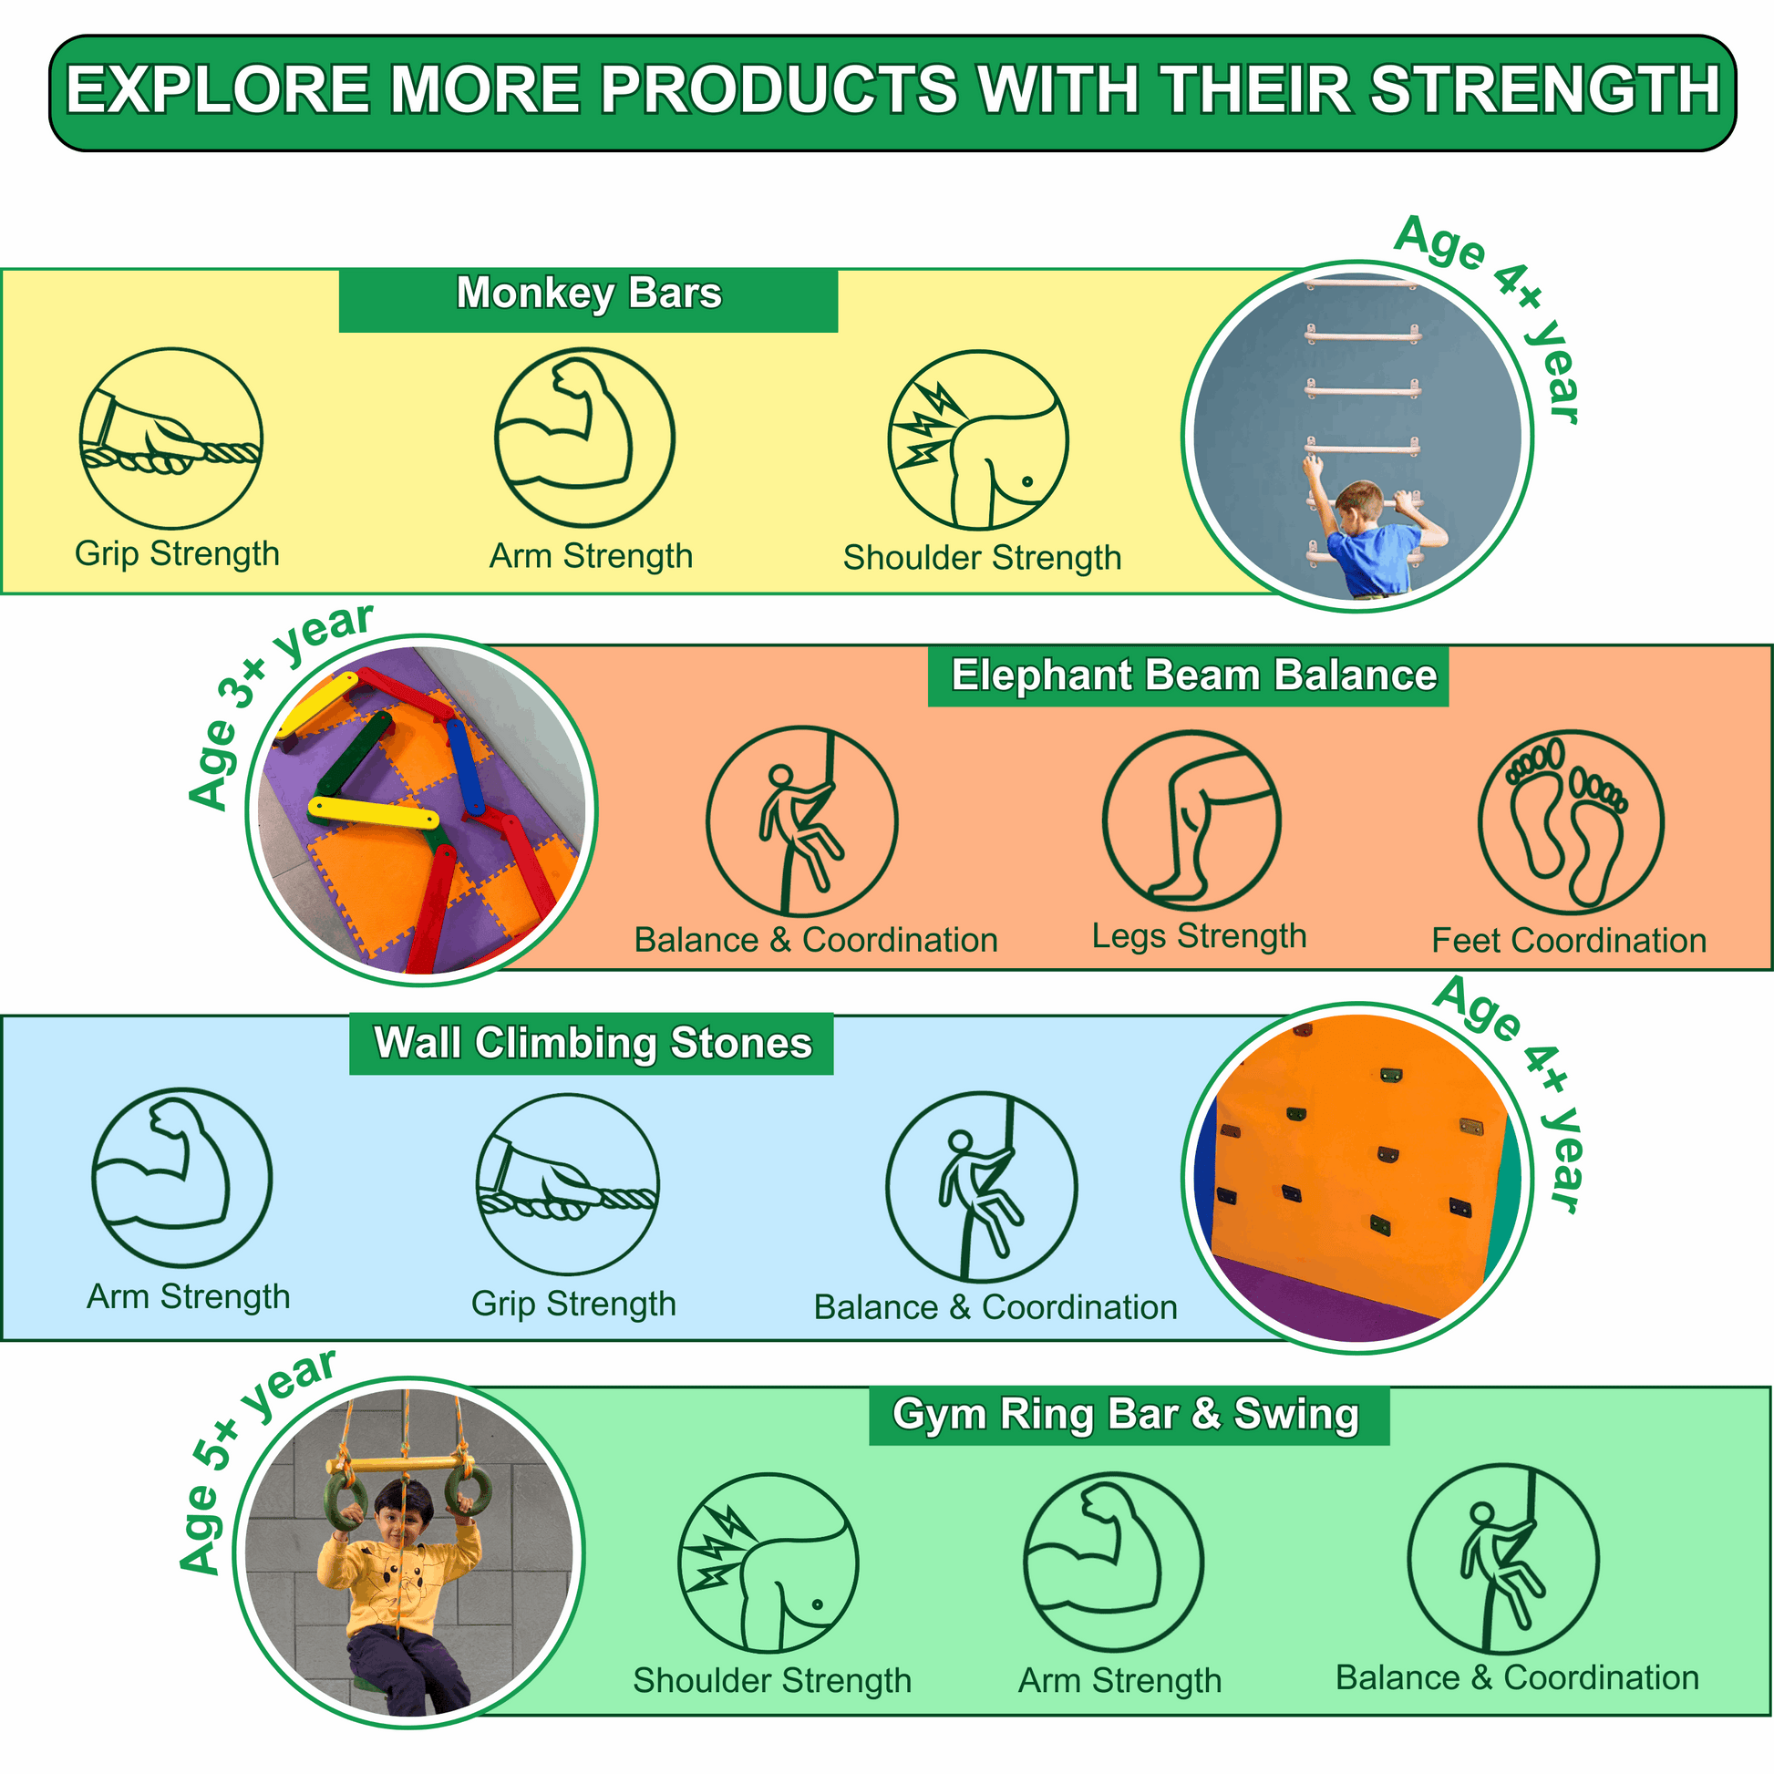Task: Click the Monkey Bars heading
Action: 589,294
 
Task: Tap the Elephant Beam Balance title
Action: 1193,675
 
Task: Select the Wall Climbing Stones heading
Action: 593,1044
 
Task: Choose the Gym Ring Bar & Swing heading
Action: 1126,1414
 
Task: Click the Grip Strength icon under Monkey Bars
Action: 170,438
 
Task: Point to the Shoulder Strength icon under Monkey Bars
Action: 978,439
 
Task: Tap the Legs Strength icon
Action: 1191,820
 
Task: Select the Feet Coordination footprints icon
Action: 1570,821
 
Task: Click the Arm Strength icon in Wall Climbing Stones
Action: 181,1178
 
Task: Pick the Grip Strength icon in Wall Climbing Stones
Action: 567,1184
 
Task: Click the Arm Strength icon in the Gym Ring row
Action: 1113,1562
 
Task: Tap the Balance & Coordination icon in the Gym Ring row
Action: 1503,1559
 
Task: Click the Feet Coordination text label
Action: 1569,940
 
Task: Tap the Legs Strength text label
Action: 1199,936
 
